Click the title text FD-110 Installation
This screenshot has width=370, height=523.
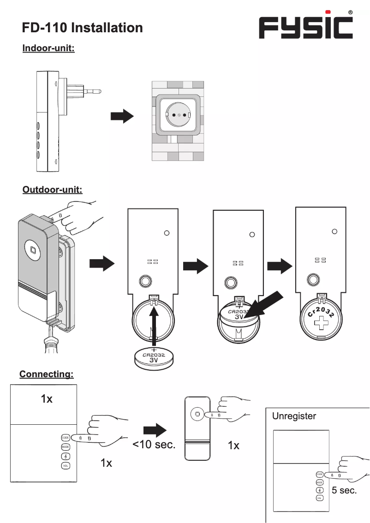tap(83, 28)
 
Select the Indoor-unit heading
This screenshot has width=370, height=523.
tap(48, 48)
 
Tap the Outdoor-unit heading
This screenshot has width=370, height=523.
tap(52, 190)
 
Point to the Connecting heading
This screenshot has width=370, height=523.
tap(46, 374)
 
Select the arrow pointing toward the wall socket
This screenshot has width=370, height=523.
tap(122, 117)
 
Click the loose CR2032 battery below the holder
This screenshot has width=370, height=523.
tap(155, 357)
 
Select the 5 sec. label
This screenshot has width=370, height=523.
tap(344, 490)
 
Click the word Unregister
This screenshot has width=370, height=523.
tap(294, 416)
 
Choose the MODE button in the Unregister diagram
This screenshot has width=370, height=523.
tap(319, 482)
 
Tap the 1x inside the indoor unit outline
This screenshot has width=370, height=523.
tap(47, 399)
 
